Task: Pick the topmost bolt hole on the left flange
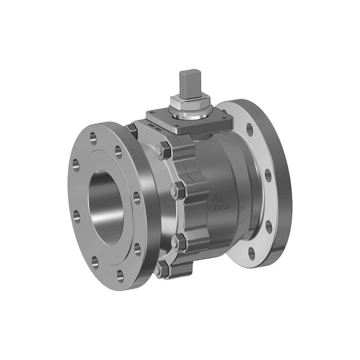tap(93, 137)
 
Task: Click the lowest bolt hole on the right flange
tap(251, 253)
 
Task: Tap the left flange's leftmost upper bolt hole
tap(76, 165)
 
